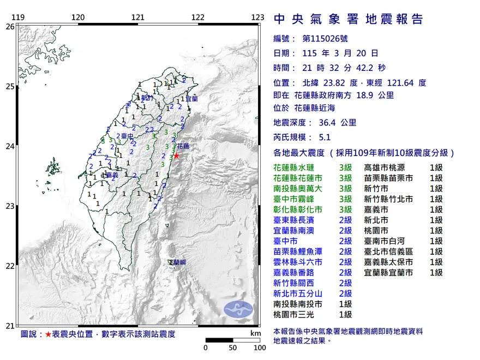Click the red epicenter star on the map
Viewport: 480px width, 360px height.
tap(176, 155)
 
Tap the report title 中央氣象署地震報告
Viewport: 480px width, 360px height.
tap(348, 20)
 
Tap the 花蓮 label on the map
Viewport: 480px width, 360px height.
tap(183, 147)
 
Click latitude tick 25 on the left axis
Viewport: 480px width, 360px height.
tap(10, 86)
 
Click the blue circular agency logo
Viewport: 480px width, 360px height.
tap(239, 308)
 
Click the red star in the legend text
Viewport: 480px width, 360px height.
tap(48, 334)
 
